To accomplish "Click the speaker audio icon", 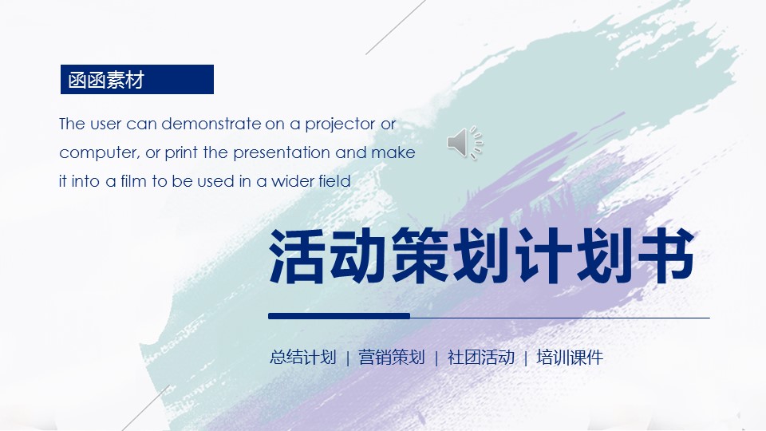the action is click(x=464, y=143).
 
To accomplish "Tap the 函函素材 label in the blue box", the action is click(x=106, y=80).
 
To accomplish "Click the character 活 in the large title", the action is click(x=297, y=255).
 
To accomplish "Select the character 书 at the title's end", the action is click(x=667, y=255).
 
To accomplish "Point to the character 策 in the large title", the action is click(x=421, y=255).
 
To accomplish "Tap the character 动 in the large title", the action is click(x=359, y=255).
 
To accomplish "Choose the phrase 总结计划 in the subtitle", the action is click(x=303, y=358).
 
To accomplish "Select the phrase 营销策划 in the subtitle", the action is click(x=392, y=358).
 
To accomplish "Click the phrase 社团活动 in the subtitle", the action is click(x=481, y=358).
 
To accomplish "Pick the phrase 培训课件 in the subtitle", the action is click(x=570, y=358).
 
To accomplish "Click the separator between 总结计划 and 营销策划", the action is click(x=347, y=358).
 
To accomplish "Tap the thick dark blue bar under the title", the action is click(x=339, y=316).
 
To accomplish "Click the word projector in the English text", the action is click(x=341, y=125).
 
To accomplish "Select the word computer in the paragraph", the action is click(x=99, y=153).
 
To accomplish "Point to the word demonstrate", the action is click(x=211, y=124).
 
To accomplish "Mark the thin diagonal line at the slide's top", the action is click(x=396, y=27).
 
